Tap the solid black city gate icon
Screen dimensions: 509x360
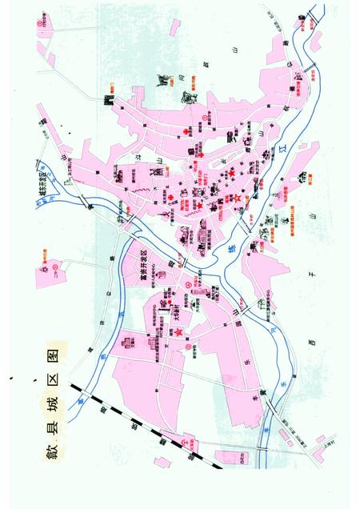pyautogui.click(x=110, y=100)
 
